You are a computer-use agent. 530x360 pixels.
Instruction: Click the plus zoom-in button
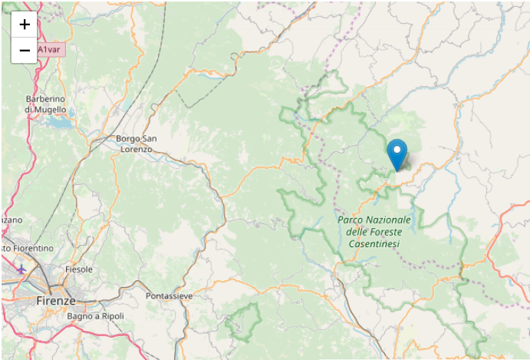coord(25,25)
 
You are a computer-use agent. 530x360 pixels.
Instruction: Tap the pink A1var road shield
coord(51,50)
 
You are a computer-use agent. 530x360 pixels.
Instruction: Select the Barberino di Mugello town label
coord(45,104)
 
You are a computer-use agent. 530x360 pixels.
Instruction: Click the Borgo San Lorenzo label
coord(137,144)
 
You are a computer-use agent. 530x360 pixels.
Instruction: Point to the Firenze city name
coord(56,301)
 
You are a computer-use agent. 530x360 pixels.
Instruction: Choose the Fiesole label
coord(78,269)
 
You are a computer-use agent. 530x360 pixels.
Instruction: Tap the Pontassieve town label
coord(169,296)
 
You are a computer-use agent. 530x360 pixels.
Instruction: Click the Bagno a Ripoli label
coord(95,316)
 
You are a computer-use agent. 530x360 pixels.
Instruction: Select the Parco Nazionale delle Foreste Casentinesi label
coord(374,231)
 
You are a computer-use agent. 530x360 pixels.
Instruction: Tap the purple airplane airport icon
coord(21,269)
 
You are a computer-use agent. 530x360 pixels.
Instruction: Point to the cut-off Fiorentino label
coord(28,249)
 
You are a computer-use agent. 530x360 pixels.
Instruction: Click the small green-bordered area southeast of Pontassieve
coord(244,321)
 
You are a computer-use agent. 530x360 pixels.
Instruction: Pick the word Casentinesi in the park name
coord(374,243)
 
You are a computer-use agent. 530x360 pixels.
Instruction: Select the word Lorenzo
coord(137,149)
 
